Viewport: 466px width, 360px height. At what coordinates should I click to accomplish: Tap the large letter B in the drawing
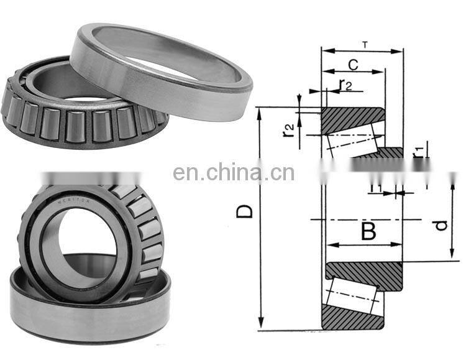(368, 232)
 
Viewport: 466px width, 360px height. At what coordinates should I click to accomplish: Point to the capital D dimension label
(247, 211)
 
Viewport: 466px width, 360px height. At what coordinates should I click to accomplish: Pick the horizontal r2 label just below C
(345, 86)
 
